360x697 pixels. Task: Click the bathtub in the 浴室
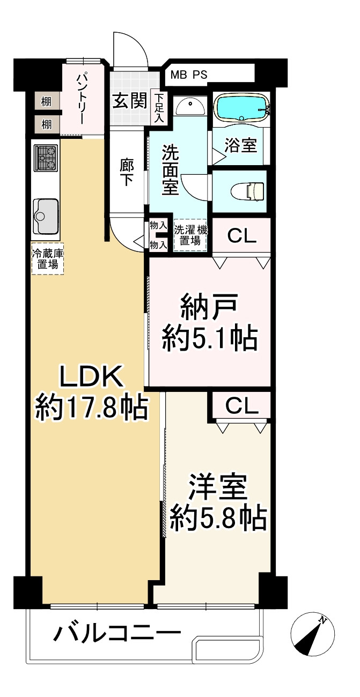point(242,107)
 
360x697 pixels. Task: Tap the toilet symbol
point(247,190)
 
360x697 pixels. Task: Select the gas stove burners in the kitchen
point(46,158)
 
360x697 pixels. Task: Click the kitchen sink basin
point(46,215)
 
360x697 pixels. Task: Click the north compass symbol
point(312,634)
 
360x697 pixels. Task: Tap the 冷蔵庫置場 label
point(48,258)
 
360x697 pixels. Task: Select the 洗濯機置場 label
point(190,235)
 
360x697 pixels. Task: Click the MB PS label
point(189,75)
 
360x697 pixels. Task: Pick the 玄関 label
point(129,100)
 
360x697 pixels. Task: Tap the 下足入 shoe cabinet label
point(159,108)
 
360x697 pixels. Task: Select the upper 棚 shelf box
point(46,101)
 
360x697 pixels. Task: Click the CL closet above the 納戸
point(241,236)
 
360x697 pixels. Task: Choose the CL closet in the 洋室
point(242,406)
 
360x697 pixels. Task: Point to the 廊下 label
point(127,173)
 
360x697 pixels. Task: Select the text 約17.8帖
point(91,408)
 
